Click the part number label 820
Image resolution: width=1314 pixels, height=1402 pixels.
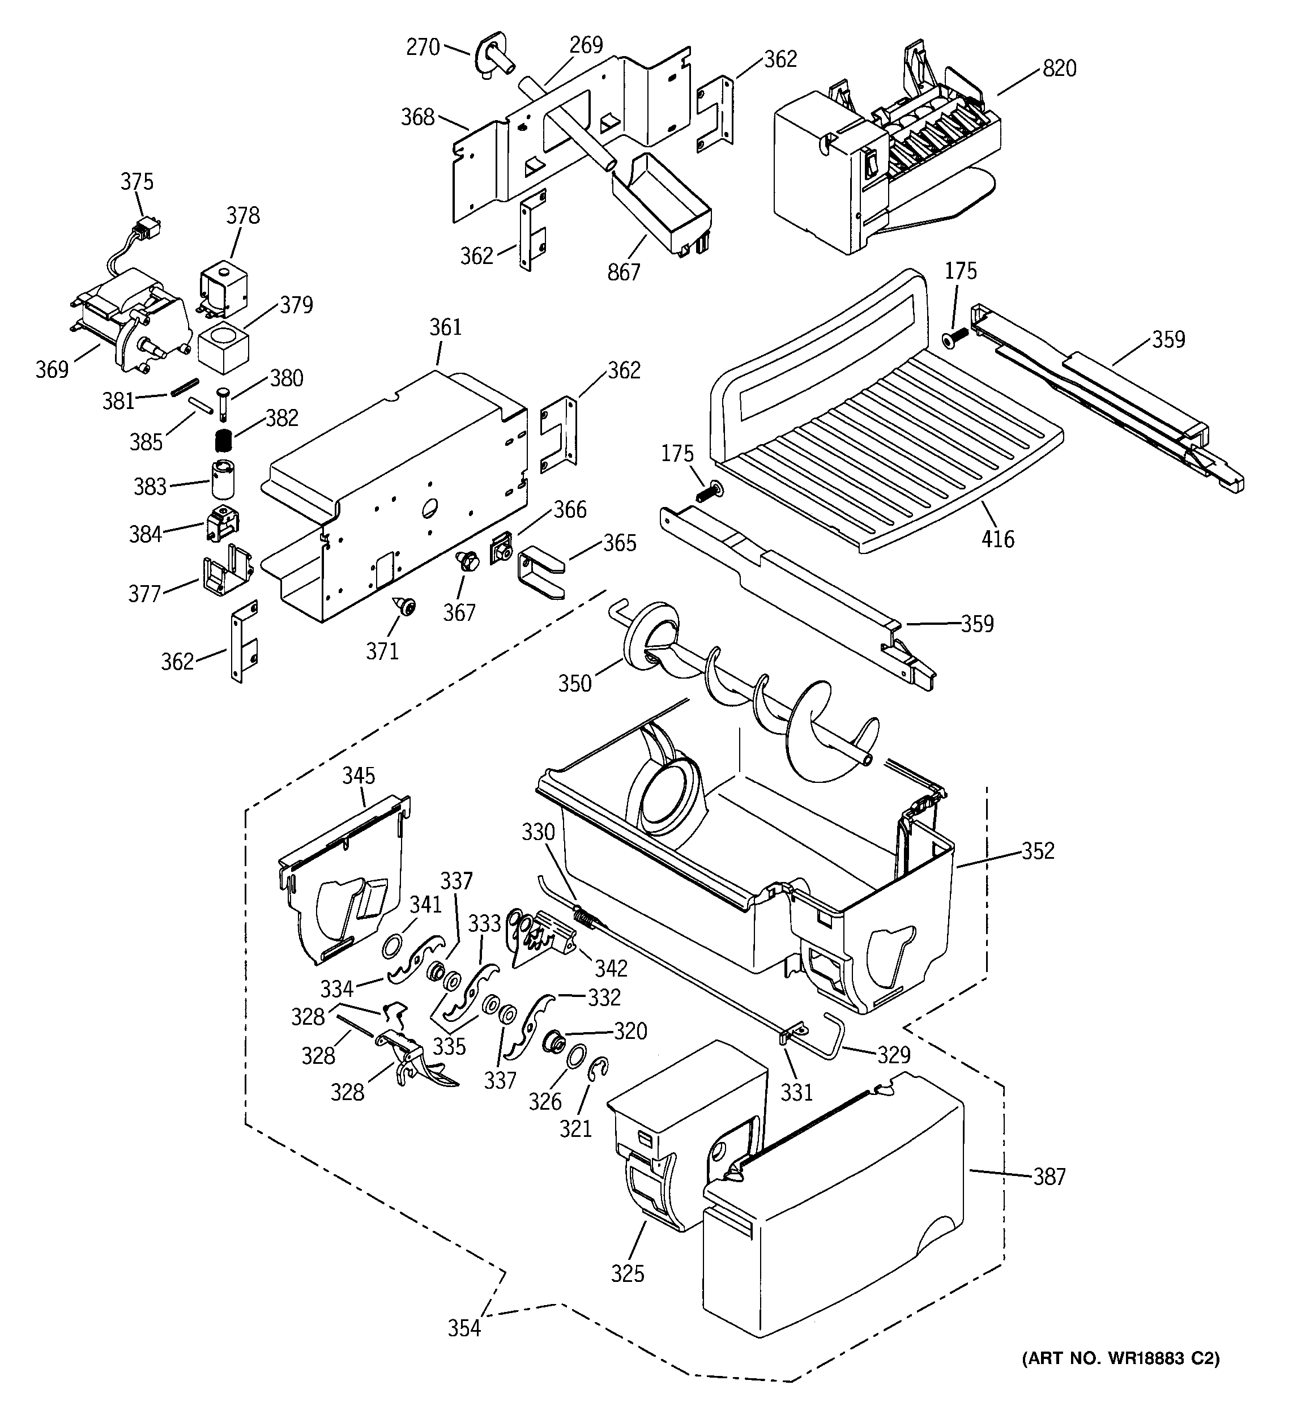1059,69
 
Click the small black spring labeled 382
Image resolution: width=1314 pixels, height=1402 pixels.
224,442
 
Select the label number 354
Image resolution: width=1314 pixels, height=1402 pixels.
464,1328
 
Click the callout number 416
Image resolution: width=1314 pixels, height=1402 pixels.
997,539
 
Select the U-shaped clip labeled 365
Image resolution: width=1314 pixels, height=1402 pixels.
540,573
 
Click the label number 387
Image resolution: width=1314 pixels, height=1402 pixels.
1049,1177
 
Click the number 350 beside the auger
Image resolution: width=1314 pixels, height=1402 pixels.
575,683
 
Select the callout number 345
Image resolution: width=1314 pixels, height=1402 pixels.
359,775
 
